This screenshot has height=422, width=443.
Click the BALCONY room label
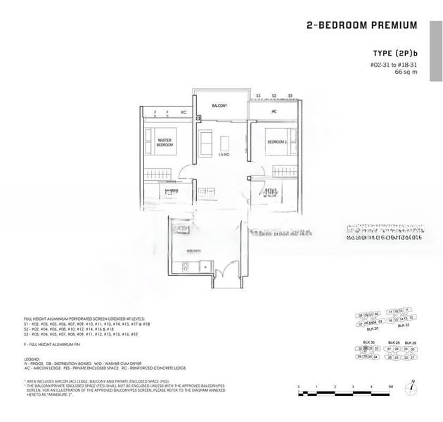click(219, 105)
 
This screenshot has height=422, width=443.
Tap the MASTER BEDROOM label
click(165, 141)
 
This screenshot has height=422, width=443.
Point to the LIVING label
click(224, 153)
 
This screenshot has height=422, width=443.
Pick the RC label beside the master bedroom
click(184, 112)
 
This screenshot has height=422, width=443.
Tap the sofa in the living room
click(205, 141)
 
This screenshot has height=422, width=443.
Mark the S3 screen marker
click(258, 95)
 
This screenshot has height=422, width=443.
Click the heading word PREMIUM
click(391, 25)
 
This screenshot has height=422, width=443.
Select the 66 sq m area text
click(406, 72)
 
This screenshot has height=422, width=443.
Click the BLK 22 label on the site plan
click(403, 325)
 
